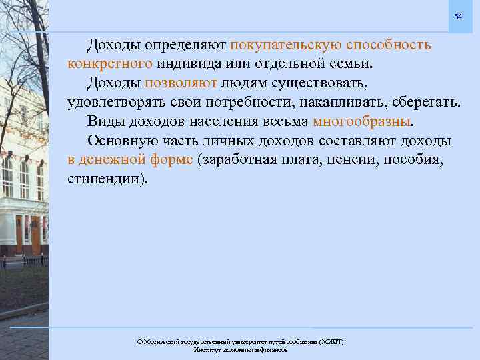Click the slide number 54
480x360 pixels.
click(x=457, y=16)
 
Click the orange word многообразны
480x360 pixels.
click(x=362, y=122)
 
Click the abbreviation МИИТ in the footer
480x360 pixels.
click(x=332, y=341)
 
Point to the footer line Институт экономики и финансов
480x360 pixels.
click(x=240, y=349)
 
